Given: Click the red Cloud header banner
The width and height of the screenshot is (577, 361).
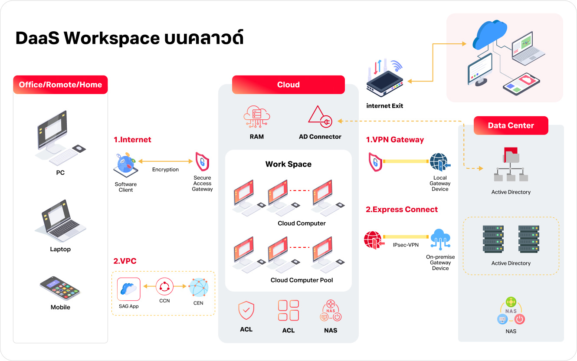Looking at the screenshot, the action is pyautogui.click(x=288, y=85).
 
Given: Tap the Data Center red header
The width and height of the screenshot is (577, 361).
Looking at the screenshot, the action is pyautogui.click(x=511, y=125).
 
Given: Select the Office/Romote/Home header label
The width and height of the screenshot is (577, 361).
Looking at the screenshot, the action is pyautogui.click(x=60, y=85).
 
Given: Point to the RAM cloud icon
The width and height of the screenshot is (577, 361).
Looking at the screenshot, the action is pyautogui.click(x=256, y=116).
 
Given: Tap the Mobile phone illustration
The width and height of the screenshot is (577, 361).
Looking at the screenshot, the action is pyautogui.click(x=60, y=289).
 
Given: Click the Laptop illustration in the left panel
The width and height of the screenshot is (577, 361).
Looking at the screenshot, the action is pyautogui.click(x=61, y=221).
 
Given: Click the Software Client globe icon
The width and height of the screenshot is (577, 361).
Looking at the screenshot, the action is pyautogui.click(x=126, y=165).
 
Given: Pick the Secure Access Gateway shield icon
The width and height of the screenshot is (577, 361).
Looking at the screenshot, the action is pyautogui.click(x=202, y=161).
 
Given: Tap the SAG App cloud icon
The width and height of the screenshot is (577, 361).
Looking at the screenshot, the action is pyautogui.click(x=128, y=289).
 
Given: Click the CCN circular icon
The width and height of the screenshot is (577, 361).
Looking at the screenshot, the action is pyautogui.click(x=164, y=286).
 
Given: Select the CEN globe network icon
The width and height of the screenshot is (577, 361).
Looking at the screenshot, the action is pyautogui.click(x=198, y=287).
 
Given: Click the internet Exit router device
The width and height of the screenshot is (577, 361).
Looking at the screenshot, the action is pyautogui.click(x=385, y=78).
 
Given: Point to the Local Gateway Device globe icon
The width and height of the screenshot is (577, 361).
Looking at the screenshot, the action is pyautogui.click(x=440, y=162).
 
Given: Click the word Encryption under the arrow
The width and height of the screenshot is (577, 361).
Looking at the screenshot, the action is pyautogui.click(x=165, y=170).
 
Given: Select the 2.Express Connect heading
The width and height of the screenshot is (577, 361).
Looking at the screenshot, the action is pyautogui.click(x=402, y=210).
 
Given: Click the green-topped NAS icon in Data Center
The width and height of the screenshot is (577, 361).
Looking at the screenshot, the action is pyautogui.click(x=511, y=311).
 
